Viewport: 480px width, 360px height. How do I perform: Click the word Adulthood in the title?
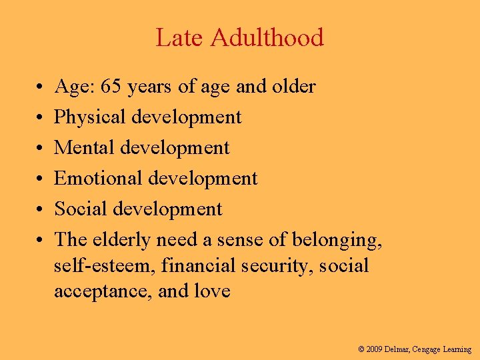(267, 38)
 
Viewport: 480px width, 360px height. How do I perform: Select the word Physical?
(91, 117)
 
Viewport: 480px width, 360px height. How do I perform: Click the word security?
(279, 267)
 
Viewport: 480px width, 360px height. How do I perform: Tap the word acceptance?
(103, 292)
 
